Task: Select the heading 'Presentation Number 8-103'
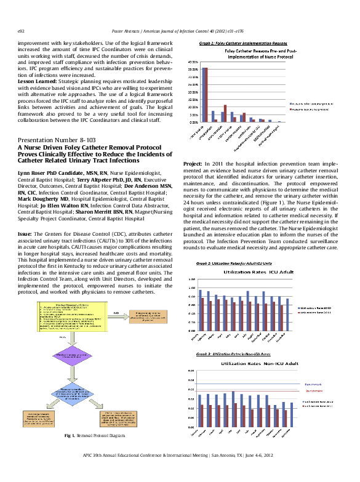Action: point(57,141)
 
